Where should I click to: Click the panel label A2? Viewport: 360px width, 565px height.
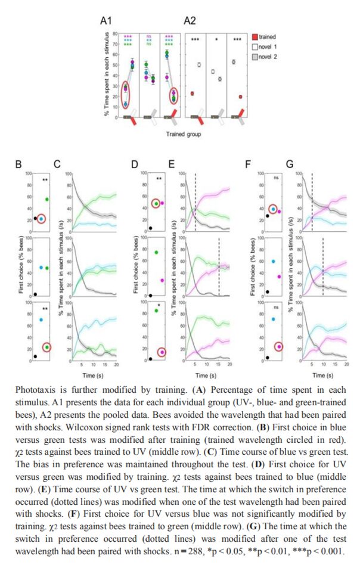(x=190, y=20)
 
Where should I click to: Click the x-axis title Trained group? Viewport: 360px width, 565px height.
(x=182, y=135)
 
